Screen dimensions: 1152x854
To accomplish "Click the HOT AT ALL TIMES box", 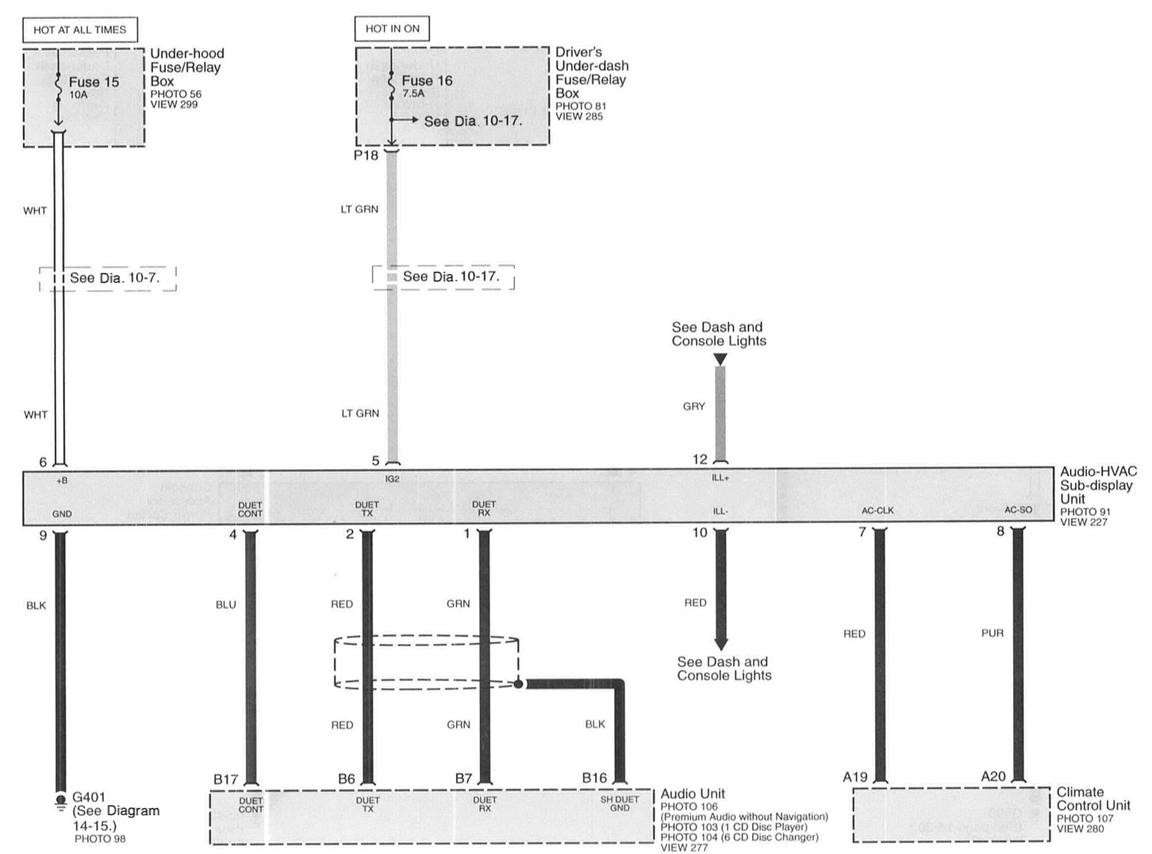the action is coord(80,30).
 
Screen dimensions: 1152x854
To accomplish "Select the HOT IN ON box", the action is coord(392,29).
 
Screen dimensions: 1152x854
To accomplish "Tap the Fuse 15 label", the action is coord(94,82).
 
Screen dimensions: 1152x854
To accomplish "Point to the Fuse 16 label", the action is coord(427,81).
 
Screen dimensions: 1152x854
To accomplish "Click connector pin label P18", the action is coord(366,155).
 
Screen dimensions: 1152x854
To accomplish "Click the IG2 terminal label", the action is coord(393,479).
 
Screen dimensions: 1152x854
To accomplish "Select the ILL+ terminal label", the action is coord(720,478).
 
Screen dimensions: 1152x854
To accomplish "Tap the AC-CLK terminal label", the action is coord(877,511).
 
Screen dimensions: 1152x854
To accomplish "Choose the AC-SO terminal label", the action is coord(1018,510).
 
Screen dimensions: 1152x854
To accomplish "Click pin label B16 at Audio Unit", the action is coord(594,777).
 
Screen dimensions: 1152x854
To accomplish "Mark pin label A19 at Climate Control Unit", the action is coord(855,777).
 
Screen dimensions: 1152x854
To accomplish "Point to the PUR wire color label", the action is coord(992,633).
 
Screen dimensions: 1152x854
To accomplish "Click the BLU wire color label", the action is coord(226,605).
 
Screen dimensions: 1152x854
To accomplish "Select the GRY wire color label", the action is coord(694,406).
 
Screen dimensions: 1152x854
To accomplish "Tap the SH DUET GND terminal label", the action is coord(620,803).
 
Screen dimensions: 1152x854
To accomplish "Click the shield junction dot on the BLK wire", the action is coord(518,684).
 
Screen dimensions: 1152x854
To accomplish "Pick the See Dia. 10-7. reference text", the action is coord(115,278).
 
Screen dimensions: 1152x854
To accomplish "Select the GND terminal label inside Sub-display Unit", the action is coord(62,514).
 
